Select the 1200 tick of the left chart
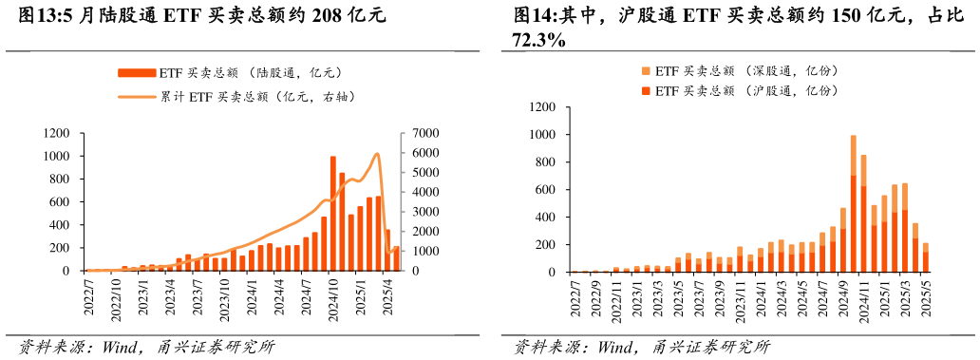[56, 133]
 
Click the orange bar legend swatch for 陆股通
[137, 72]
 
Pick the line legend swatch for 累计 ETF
[137, 96]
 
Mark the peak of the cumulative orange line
[377, 154]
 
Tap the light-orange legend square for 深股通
[646, 71]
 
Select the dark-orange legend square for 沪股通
[646, 90]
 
